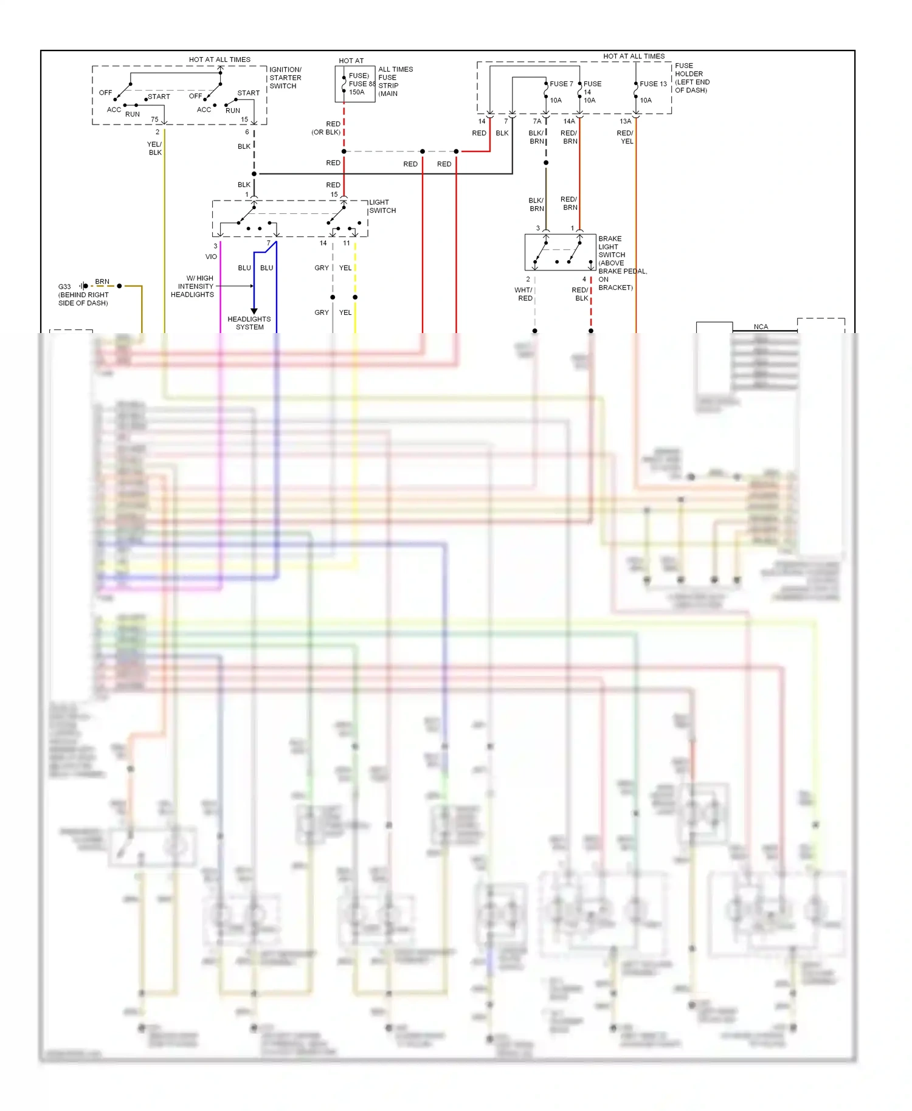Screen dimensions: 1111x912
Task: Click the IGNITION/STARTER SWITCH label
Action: point(285,78)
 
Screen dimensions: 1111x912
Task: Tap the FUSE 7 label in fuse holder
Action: point(561,84)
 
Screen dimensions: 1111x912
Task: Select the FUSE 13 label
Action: point(653,84)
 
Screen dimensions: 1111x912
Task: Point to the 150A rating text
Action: point(357,92)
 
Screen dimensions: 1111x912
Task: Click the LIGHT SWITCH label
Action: point(382,207)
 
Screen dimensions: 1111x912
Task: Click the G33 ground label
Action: point(64,286)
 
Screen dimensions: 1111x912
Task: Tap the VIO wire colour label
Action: point(211,256)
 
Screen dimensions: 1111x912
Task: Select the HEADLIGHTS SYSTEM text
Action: point(249,323)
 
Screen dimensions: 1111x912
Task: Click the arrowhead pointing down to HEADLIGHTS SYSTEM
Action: point(254,311)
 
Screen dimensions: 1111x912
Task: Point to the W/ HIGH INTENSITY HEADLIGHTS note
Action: point(193,286)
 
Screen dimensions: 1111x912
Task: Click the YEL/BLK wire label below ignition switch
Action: point(154,148)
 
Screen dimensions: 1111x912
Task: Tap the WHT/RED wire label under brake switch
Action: point(523,294)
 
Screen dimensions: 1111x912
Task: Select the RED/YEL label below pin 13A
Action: point(625,137)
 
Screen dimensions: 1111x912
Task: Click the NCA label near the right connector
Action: point(761,326)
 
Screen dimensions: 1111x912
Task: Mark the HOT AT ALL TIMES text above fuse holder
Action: point(634,56)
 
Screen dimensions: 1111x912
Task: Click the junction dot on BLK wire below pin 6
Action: point(254,174)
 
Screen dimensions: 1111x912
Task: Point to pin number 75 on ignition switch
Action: point(154,119)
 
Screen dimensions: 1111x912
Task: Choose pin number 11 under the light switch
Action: point(346,243)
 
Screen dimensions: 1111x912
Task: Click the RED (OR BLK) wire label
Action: point(326,128)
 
